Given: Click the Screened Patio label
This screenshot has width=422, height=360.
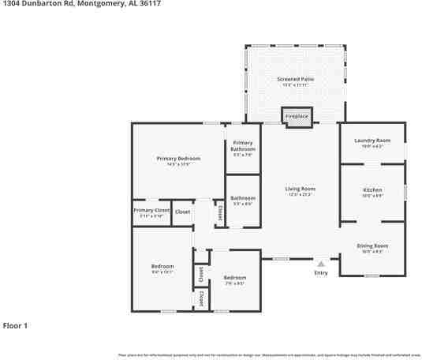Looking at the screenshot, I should tap(297, 80).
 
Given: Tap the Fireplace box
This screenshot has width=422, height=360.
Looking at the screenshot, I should tap(297, 116).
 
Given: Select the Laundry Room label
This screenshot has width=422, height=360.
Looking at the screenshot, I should tap(372, 141).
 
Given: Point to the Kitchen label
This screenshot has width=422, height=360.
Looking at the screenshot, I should tap(372, 190).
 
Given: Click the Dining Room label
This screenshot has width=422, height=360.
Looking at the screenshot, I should tap(372, 246).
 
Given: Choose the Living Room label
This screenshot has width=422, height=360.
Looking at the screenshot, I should tap(300, 189).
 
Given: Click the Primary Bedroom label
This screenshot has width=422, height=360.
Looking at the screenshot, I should tap(178, 159).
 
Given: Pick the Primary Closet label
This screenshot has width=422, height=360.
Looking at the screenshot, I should tap(151, 211).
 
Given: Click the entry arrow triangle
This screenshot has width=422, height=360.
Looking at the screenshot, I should tap(320, 264).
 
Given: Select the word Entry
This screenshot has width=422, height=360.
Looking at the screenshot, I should tap(320, 273).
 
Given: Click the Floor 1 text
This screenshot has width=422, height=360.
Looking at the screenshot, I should tap(16, 325).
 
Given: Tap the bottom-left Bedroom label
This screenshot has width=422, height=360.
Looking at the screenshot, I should tap(162, 267).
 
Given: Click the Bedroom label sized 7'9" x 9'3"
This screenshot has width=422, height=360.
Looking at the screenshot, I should tap(234, 278).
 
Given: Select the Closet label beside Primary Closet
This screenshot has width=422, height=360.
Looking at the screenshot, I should tap(182, 212).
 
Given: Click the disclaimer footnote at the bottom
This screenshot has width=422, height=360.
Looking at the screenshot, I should tap(268, 355).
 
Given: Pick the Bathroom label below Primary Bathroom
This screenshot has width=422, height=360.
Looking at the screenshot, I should tap(243, 197).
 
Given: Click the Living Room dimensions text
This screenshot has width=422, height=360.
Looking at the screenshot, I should tap(300, 194).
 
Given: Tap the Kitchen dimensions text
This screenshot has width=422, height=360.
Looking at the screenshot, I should tap(372, 196).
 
